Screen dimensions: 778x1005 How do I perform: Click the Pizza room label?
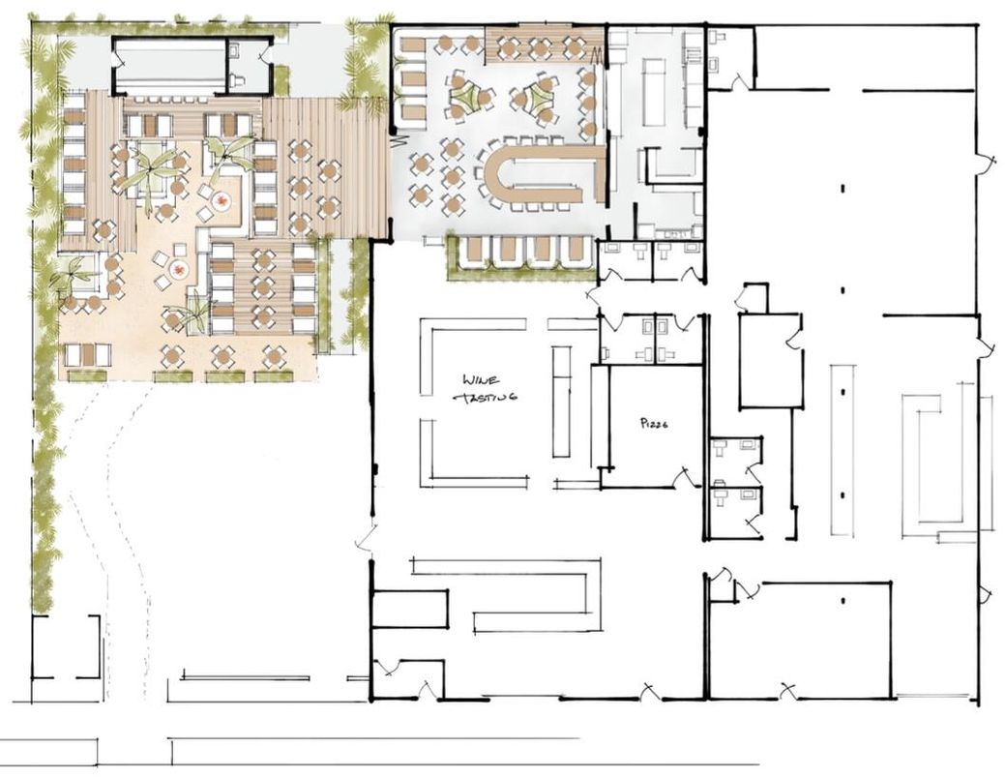pos(656,424)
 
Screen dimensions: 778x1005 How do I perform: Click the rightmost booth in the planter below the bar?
pos(576,252)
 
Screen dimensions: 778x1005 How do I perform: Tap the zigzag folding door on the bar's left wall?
pos(396,140)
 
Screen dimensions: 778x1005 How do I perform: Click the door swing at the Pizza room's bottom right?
pos(685,477)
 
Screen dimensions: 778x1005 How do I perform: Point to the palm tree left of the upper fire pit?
pos(150,174)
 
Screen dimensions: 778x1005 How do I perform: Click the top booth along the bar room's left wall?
pos(412,45)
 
